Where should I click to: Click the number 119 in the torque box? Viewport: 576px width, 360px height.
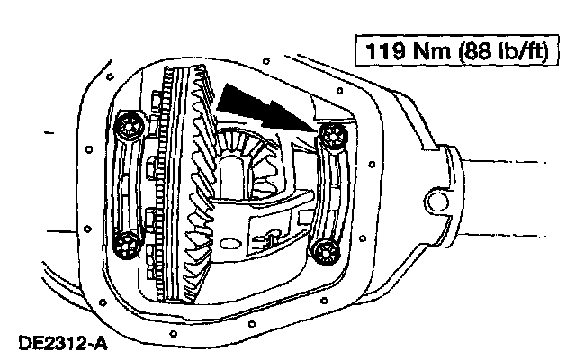(x=387, y=50)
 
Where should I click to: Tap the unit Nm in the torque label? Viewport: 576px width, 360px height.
(x=432, y=50)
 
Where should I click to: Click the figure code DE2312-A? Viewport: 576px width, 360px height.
(x=63, y=344)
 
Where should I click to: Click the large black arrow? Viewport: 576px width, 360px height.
(x=267, y=108)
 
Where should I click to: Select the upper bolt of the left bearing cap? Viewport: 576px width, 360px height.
(x=130, y=126)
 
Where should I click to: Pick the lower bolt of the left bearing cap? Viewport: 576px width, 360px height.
(x=126, y=244)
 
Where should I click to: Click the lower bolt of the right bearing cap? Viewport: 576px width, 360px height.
(x=326, y=252)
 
